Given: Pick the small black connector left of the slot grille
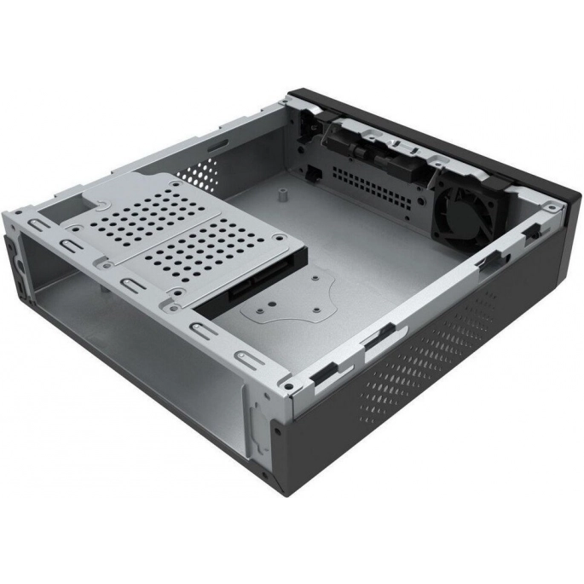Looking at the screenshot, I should tap(314, 172).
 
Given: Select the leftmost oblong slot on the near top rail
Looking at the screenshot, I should tap(38, 227).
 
